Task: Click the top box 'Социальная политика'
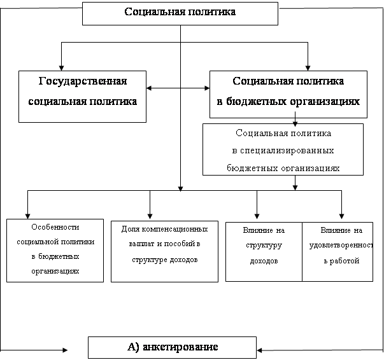[x=180, y=13]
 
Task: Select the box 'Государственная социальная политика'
[x=83, y=96]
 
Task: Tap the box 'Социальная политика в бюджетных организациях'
[x=288, y=94]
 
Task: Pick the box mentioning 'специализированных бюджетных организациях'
[x=283, y=149]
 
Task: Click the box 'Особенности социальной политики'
[x=54, y=250]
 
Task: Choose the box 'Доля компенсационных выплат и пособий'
[x=164, y=251]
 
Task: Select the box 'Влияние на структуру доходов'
[x=264, y=251]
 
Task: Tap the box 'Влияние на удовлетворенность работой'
[x=338, y=251]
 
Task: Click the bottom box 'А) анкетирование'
[x=172, y=347]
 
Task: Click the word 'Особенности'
[x=54, y=227]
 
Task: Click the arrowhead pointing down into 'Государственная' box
[x=61, y=66]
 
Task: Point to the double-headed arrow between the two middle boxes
[x=178, y=88]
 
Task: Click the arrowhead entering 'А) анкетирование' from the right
[x=260, y=349]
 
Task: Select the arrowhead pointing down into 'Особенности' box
[x=27, y=214]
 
